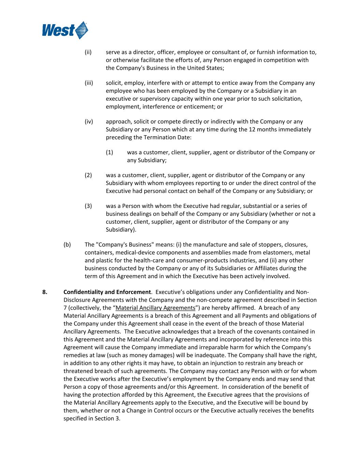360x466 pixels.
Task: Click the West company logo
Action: point(65,30)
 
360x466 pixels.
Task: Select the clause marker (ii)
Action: point(88,52)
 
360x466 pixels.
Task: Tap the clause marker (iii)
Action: point(89,83)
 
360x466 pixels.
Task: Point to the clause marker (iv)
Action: point(89,122)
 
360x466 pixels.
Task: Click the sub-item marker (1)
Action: point(109,152)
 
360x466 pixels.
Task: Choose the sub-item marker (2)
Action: point(88,175)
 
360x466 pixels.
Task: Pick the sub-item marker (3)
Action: point(88,206)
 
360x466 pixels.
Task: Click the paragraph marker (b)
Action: point(67,244)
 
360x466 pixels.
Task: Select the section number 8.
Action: point(44,292)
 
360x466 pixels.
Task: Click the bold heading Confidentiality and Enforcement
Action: point(107,292)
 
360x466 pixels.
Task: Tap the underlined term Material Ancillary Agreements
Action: point(156,308)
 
